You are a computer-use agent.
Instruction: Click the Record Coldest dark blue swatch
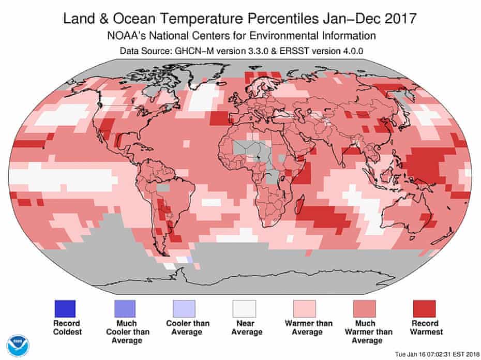click(65, 309)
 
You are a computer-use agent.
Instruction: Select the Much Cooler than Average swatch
click(126, 309)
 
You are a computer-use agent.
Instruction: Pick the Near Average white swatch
click(245, 309)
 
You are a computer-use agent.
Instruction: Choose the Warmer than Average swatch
click(304, 309)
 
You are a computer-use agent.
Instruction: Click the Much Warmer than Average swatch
click(364, 309)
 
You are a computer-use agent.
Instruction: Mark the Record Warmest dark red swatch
click(424, 309)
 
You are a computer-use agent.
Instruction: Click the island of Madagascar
click(299, 207)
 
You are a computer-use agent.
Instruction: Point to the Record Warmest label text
click(424, 328)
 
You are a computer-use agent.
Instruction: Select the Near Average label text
click(245, 328)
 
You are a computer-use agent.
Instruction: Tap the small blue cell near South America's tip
click(189, 258)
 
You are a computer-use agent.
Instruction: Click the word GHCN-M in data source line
click(191, 51)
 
